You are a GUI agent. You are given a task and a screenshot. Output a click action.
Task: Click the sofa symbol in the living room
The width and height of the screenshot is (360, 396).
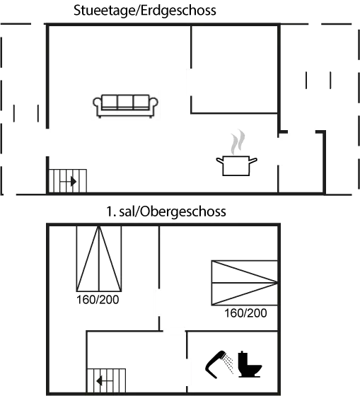click(126, 106)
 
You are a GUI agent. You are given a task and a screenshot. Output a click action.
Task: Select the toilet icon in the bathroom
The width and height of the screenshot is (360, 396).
click(250, 364)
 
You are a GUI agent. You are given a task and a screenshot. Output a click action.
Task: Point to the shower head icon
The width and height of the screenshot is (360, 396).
click(219, 364)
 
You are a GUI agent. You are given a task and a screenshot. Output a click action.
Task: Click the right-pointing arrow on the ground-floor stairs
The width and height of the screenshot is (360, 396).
click(68, 181)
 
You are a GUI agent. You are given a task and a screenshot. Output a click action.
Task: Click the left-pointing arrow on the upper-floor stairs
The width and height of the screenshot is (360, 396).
click(105, 380)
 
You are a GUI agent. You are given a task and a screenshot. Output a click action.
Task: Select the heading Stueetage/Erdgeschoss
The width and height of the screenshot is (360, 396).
click(145, 11)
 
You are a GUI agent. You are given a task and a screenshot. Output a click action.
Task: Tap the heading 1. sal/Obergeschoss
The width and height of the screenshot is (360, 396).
click(166, 211)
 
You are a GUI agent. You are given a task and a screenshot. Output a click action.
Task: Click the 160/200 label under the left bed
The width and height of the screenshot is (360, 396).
click(98, 300)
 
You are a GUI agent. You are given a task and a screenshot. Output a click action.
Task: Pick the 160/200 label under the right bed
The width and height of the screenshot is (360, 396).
click(245, 313)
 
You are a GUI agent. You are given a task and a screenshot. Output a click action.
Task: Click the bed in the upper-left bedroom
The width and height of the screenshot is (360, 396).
click(99, 259)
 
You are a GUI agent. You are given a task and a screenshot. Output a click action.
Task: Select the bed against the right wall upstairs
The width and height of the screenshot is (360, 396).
click(245, 283)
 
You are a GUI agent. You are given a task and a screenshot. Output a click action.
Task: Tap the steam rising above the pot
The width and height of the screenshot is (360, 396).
click(238, 142)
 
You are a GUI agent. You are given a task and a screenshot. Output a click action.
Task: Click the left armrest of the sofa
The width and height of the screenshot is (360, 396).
click(97, 103)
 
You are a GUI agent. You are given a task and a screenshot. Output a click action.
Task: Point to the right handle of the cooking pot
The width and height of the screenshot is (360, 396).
click(253, 161)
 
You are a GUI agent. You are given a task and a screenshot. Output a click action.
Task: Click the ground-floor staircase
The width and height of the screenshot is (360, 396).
click(68, 181)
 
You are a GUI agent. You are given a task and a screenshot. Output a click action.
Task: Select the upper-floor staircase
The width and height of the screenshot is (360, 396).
click(106, 380)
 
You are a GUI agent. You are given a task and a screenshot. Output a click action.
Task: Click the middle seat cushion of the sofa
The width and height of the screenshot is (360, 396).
click(125, 102)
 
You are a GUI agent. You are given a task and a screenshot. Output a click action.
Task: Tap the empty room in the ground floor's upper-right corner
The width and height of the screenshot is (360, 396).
click(234, 69)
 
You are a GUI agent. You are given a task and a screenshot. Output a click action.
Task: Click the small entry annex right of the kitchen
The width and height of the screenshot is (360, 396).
click(301, 162)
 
